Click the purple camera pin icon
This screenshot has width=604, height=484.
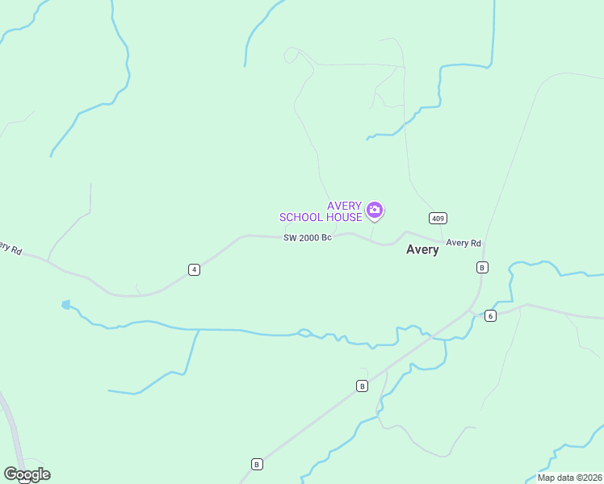[374, 211]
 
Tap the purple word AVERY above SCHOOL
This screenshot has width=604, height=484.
[344, 207]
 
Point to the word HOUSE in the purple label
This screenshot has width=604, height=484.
[344, 217]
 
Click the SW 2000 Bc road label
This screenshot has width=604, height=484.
[308, 237]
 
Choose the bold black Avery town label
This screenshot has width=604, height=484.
[422, 250]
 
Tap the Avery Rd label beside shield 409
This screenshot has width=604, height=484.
[463, 243]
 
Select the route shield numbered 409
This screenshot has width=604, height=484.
[438, 219]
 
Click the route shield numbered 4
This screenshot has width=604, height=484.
[194, 269]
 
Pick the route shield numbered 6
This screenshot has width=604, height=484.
[490, 315]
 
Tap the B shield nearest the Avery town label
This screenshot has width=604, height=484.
[482, 267]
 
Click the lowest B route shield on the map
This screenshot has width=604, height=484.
[256, 464]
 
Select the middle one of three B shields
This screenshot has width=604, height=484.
[362, 386]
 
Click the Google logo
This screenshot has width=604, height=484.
[27, 474]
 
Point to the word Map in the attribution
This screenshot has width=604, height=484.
[547, 478]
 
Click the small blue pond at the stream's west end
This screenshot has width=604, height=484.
[65, 305]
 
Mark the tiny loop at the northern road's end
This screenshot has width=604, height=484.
[291, 54]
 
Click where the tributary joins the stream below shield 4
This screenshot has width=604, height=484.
[199, 330]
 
